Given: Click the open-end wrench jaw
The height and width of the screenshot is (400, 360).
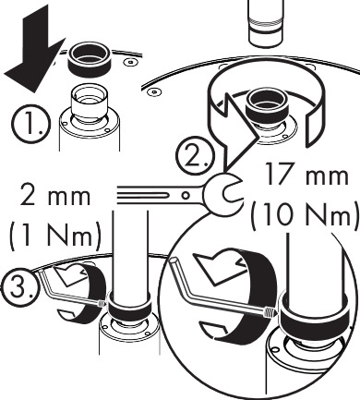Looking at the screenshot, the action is click(x=222, y=193).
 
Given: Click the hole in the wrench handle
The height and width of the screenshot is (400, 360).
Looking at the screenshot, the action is click(x=186, y=195).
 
